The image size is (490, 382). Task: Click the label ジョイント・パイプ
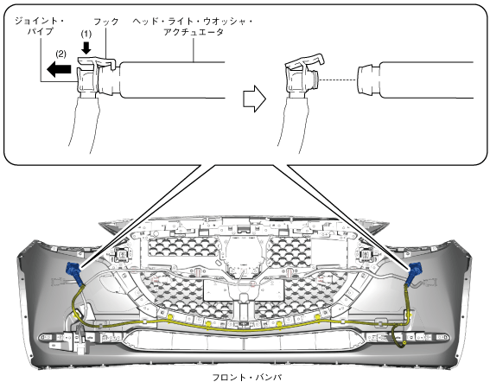coord(39,26)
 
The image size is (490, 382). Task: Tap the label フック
coord(106,22)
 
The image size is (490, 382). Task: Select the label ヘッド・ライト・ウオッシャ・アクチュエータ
coord(193,26)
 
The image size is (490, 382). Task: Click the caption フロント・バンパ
coord(245,377)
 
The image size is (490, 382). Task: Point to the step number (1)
coord(86,34)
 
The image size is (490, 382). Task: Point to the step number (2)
coord(60,54)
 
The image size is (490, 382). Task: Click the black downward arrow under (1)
coord(86,48)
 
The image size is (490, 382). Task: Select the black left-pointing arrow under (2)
coord(59,69)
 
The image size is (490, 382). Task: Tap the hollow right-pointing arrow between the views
coord(254,99)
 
